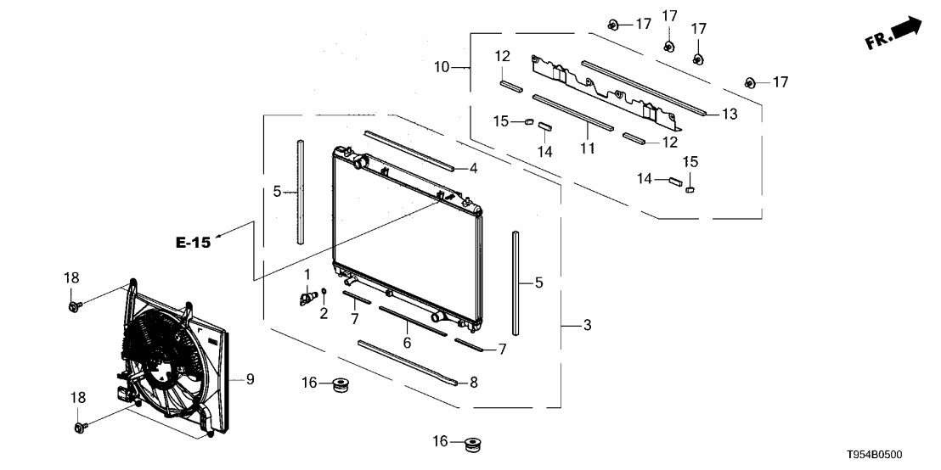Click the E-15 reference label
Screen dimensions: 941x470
coord(194,243)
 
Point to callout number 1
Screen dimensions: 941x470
coord(307,274)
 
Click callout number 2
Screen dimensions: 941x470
coord(324,313)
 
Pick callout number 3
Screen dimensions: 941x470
coord(588,326)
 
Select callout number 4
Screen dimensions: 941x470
coord(474,169)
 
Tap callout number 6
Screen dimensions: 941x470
coord(407,343)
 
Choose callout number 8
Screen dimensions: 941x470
coord(474,382)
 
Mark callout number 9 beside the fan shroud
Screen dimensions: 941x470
coord(251,379)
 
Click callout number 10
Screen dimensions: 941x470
coord(441,67)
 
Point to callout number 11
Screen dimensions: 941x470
coord(587,147)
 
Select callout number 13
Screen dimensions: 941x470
coord(729,114)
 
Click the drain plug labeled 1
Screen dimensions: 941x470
coord(308,297)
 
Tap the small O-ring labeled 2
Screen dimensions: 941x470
coord(324,291)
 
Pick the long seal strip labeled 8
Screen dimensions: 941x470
coord(409,364)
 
